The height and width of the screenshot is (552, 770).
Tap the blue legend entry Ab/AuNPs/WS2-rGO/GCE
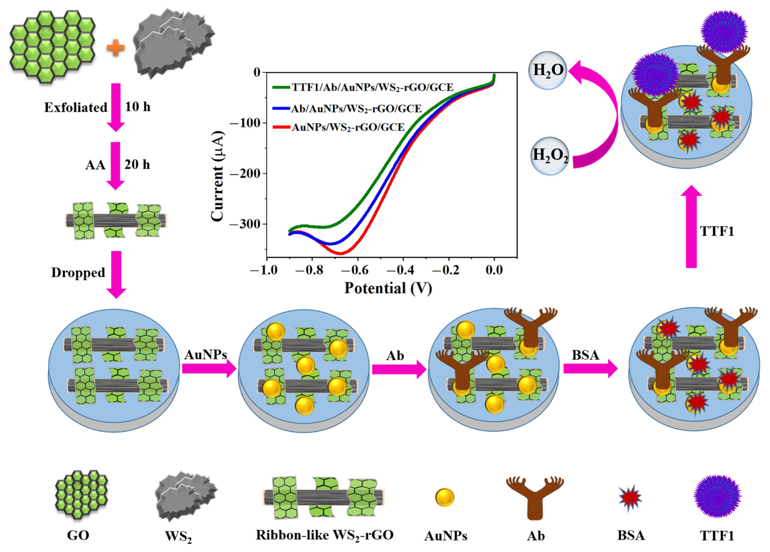click(x=356, y=108)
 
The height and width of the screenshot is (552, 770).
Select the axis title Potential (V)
click(x=388, y=288)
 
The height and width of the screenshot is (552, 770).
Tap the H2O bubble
click(x=548, y=70)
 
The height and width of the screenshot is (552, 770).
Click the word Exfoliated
click(x=76, y=107)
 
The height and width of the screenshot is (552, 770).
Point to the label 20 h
click(x=137, y=165)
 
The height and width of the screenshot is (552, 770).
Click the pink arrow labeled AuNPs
click(x=209, y=369)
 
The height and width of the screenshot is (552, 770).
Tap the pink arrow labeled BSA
click(x=590, y=369)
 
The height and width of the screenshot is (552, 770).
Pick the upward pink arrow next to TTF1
click(x=691, y=227)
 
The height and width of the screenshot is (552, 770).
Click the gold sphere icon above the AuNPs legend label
click(x=445, y=497)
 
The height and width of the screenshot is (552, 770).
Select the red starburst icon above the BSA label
click(x=630, y=498)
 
